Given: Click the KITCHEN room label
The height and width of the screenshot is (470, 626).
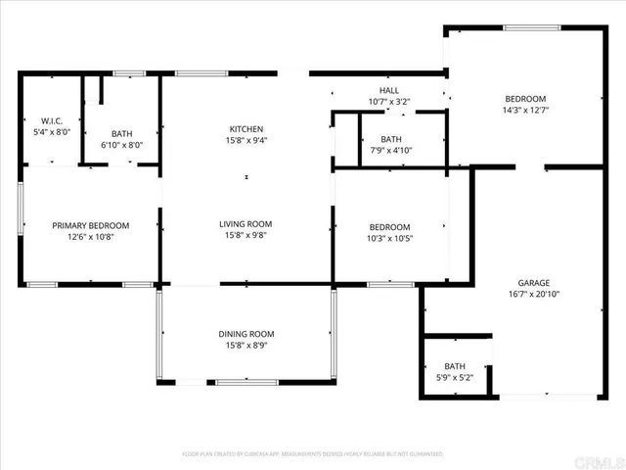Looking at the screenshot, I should pyautogui.click(x=246, y=129).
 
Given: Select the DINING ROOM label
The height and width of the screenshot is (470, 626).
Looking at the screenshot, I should pyautogui.click(x=246, y=334).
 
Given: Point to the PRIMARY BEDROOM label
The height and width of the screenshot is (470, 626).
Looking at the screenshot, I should pyautogui.click(x=90, y=225).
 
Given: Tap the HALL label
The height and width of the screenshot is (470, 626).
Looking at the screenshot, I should pyautogui.click(x=389, y=90).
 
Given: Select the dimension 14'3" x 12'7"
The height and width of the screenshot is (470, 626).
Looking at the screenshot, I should pyautogui.click(x=525, y=111).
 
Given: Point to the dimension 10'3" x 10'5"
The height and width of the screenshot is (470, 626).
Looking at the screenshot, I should pyautogui.click(x=389, y=238).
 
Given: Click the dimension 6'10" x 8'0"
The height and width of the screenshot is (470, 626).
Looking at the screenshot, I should pyautogui.click(x=121, y=145).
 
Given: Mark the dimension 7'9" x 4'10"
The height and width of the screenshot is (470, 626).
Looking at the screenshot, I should pyautogui.click(x=391, y=151).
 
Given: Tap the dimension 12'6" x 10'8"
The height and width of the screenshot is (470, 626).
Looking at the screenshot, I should pyautogui.click(x=90, y=237).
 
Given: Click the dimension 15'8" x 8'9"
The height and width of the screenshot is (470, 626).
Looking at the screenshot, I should pyautogui.click(x=246, y=346).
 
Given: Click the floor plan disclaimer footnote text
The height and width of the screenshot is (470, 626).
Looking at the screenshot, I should pyautogui.click(x=313, y=454).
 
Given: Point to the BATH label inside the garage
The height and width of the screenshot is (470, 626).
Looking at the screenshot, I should pyautogui.click(x=455, y=367).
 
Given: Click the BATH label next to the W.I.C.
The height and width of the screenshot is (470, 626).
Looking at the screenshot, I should pyautogui.click(x=121, y=133).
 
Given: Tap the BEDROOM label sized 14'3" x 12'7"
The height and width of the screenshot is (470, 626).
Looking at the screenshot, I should pyautogui.click(x=525, y=99).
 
